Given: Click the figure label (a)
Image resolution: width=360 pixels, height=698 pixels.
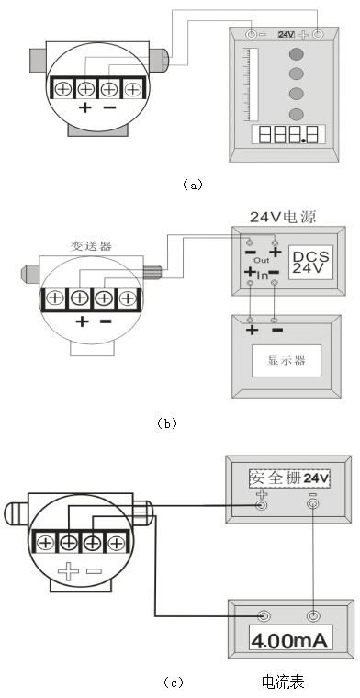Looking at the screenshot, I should [x=191, y=185].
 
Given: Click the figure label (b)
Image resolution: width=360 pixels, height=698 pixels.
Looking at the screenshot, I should [x=166, y=423].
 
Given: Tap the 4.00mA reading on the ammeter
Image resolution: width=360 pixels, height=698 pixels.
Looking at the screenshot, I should [x=291, y=639].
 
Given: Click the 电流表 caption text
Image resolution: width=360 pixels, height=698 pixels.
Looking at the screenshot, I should [x=283, y=681].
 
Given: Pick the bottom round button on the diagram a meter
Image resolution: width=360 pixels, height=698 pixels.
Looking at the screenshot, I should [x=296, y=114].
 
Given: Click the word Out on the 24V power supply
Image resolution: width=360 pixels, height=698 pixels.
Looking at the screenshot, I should [x=261, y=261].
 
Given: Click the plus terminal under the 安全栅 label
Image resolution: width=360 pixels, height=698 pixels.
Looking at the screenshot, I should [x=264, y=504].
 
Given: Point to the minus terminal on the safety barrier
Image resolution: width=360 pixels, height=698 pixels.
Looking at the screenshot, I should [x=313, y=504].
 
